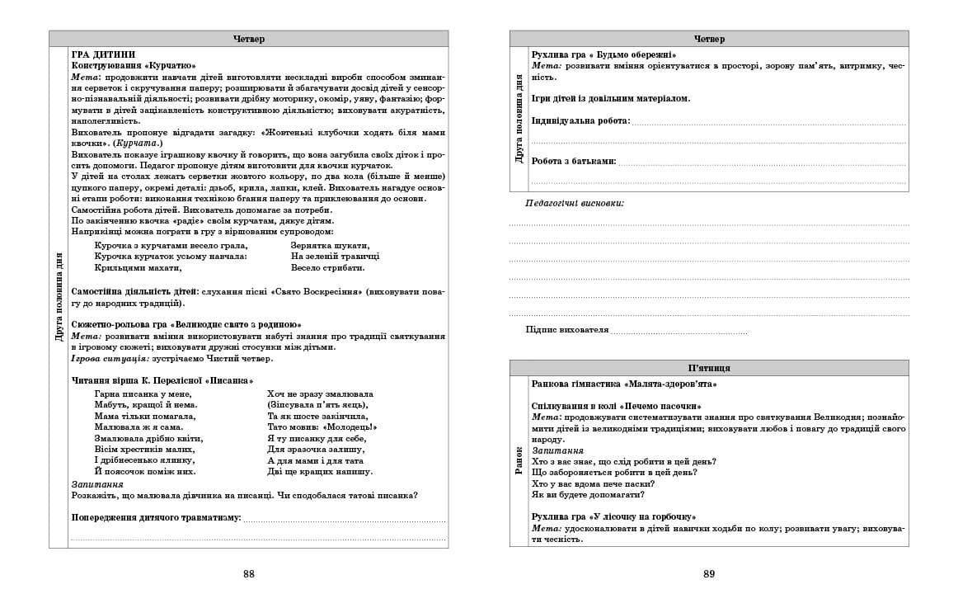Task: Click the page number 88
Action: [x=248, y=574]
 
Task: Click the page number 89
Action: [x=709, y=574]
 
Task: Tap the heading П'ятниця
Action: [x=709, y=368]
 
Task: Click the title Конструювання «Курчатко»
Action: [x=134, y=65]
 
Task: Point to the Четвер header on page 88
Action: [x=248, y=39]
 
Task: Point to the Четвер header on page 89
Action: [x=709, y=39]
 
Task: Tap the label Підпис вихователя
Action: [x=567, y=330]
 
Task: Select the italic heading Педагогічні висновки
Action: [x=575, y=203]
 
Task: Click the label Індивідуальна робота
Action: [x=580, y=120]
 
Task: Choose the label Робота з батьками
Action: [x=574, y=161]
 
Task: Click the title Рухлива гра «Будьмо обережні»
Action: [x=603, y=54]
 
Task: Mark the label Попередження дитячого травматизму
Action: [x=157, y=517]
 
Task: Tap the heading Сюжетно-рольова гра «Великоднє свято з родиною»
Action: [x=186, y=325]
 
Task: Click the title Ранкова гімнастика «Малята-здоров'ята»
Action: [x=624, y=384]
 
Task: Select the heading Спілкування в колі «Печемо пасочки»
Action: [x=617, y=407]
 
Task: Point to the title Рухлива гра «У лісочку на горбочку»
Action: [x=614, y=516]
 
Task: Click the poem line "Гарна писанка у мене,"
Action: [x=143, y=394]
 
